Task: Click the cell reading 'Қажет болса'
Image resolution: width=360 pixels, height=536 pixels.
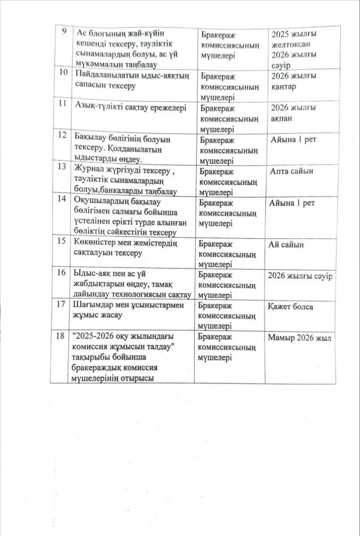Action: click(291, 307)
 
